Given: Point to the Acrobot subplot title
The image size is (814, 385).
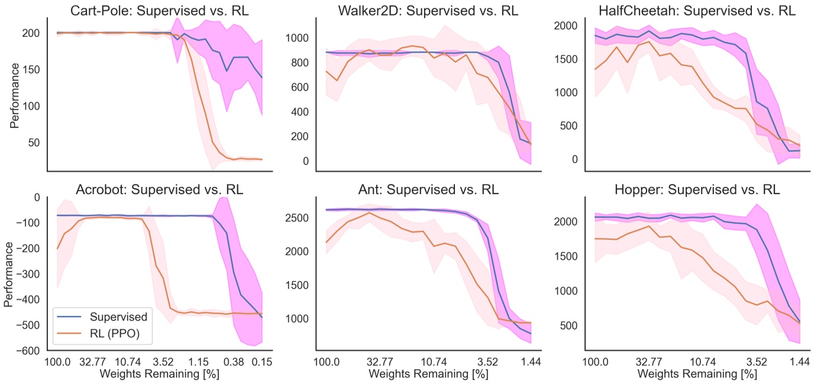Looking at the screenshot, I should click(x=159, y=190).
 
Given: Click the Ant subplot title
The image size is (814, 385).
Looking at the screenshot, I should click(x=428, y=190).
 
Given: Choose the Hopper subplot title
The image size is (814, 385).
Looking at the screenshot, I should click(x=697, y=190).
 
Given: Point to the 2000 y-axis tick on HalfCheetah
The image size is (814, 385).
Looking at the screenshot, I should click(x=565, y=25).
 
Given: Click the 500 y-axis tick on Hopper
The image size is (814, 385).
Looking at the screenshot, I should click(x=568, y=325).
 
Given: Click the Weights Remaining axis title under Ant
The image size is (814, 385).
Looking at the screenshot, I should click(x=428, y=374).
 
